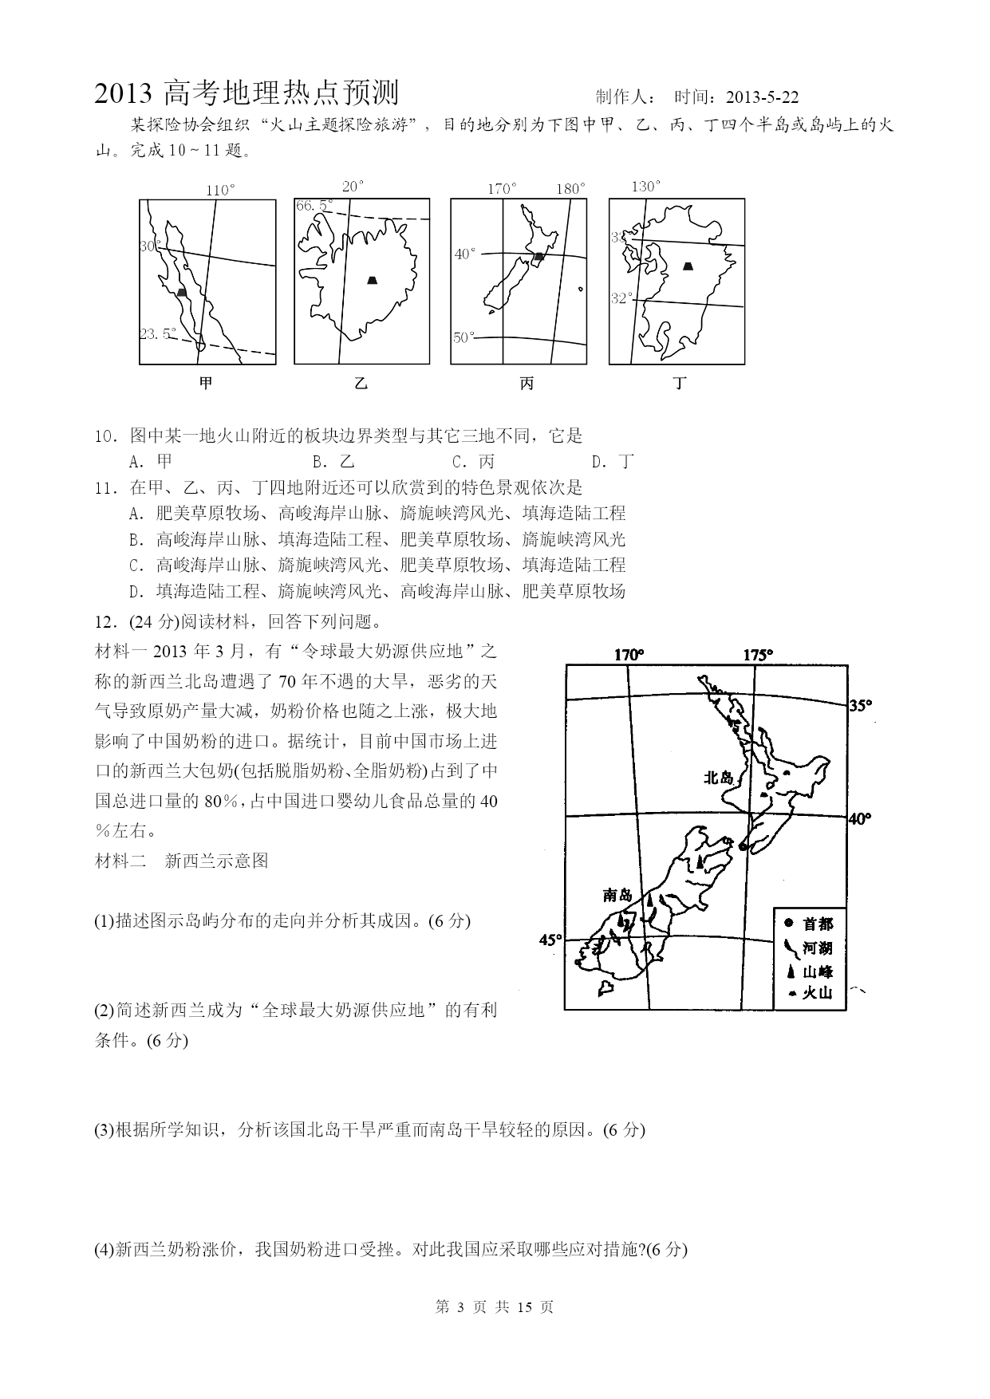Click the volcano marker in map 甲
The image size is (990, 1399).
point(182,293)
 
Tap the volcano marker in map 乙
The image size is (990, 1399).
point(372,279)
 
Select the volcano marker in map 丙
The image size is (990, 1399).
point(539,256)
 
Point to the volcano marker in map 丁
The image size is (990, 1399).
point(688,266)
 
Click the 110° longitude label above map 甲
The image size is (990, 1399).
point(220,191)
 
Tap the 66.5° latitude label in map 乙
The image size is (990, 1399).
point(314,206)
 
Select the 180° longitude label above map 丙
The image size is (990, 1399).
point(570,189)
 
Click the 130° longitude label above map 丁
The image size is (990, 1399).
point(646,187)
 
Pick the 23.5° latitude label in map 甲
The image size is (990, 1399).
point(157,334)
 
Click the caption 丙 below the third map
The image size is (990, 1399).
point(527,384)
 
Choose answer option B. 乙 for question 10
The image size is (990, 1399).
point(333,461)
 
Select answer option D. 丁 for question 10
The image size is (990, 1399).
point(613,461)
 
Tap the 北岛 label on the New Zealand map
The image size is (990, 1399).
point(718,777)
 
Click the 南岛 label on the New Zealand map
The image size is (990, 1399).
point(617,895)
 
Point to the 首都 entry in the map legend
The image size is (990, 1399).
point(810,924)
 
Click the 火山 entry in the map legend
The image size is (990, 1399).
point(810,992)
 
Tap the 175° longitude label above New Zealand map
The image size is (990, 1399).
point(758,655)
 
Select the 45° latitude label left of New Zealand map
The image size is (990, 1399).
point(550,940)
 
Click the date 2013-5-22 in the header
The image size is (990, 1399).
point(763,97)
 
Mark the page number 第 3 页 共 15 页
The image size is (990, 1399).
point(495,1307)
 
